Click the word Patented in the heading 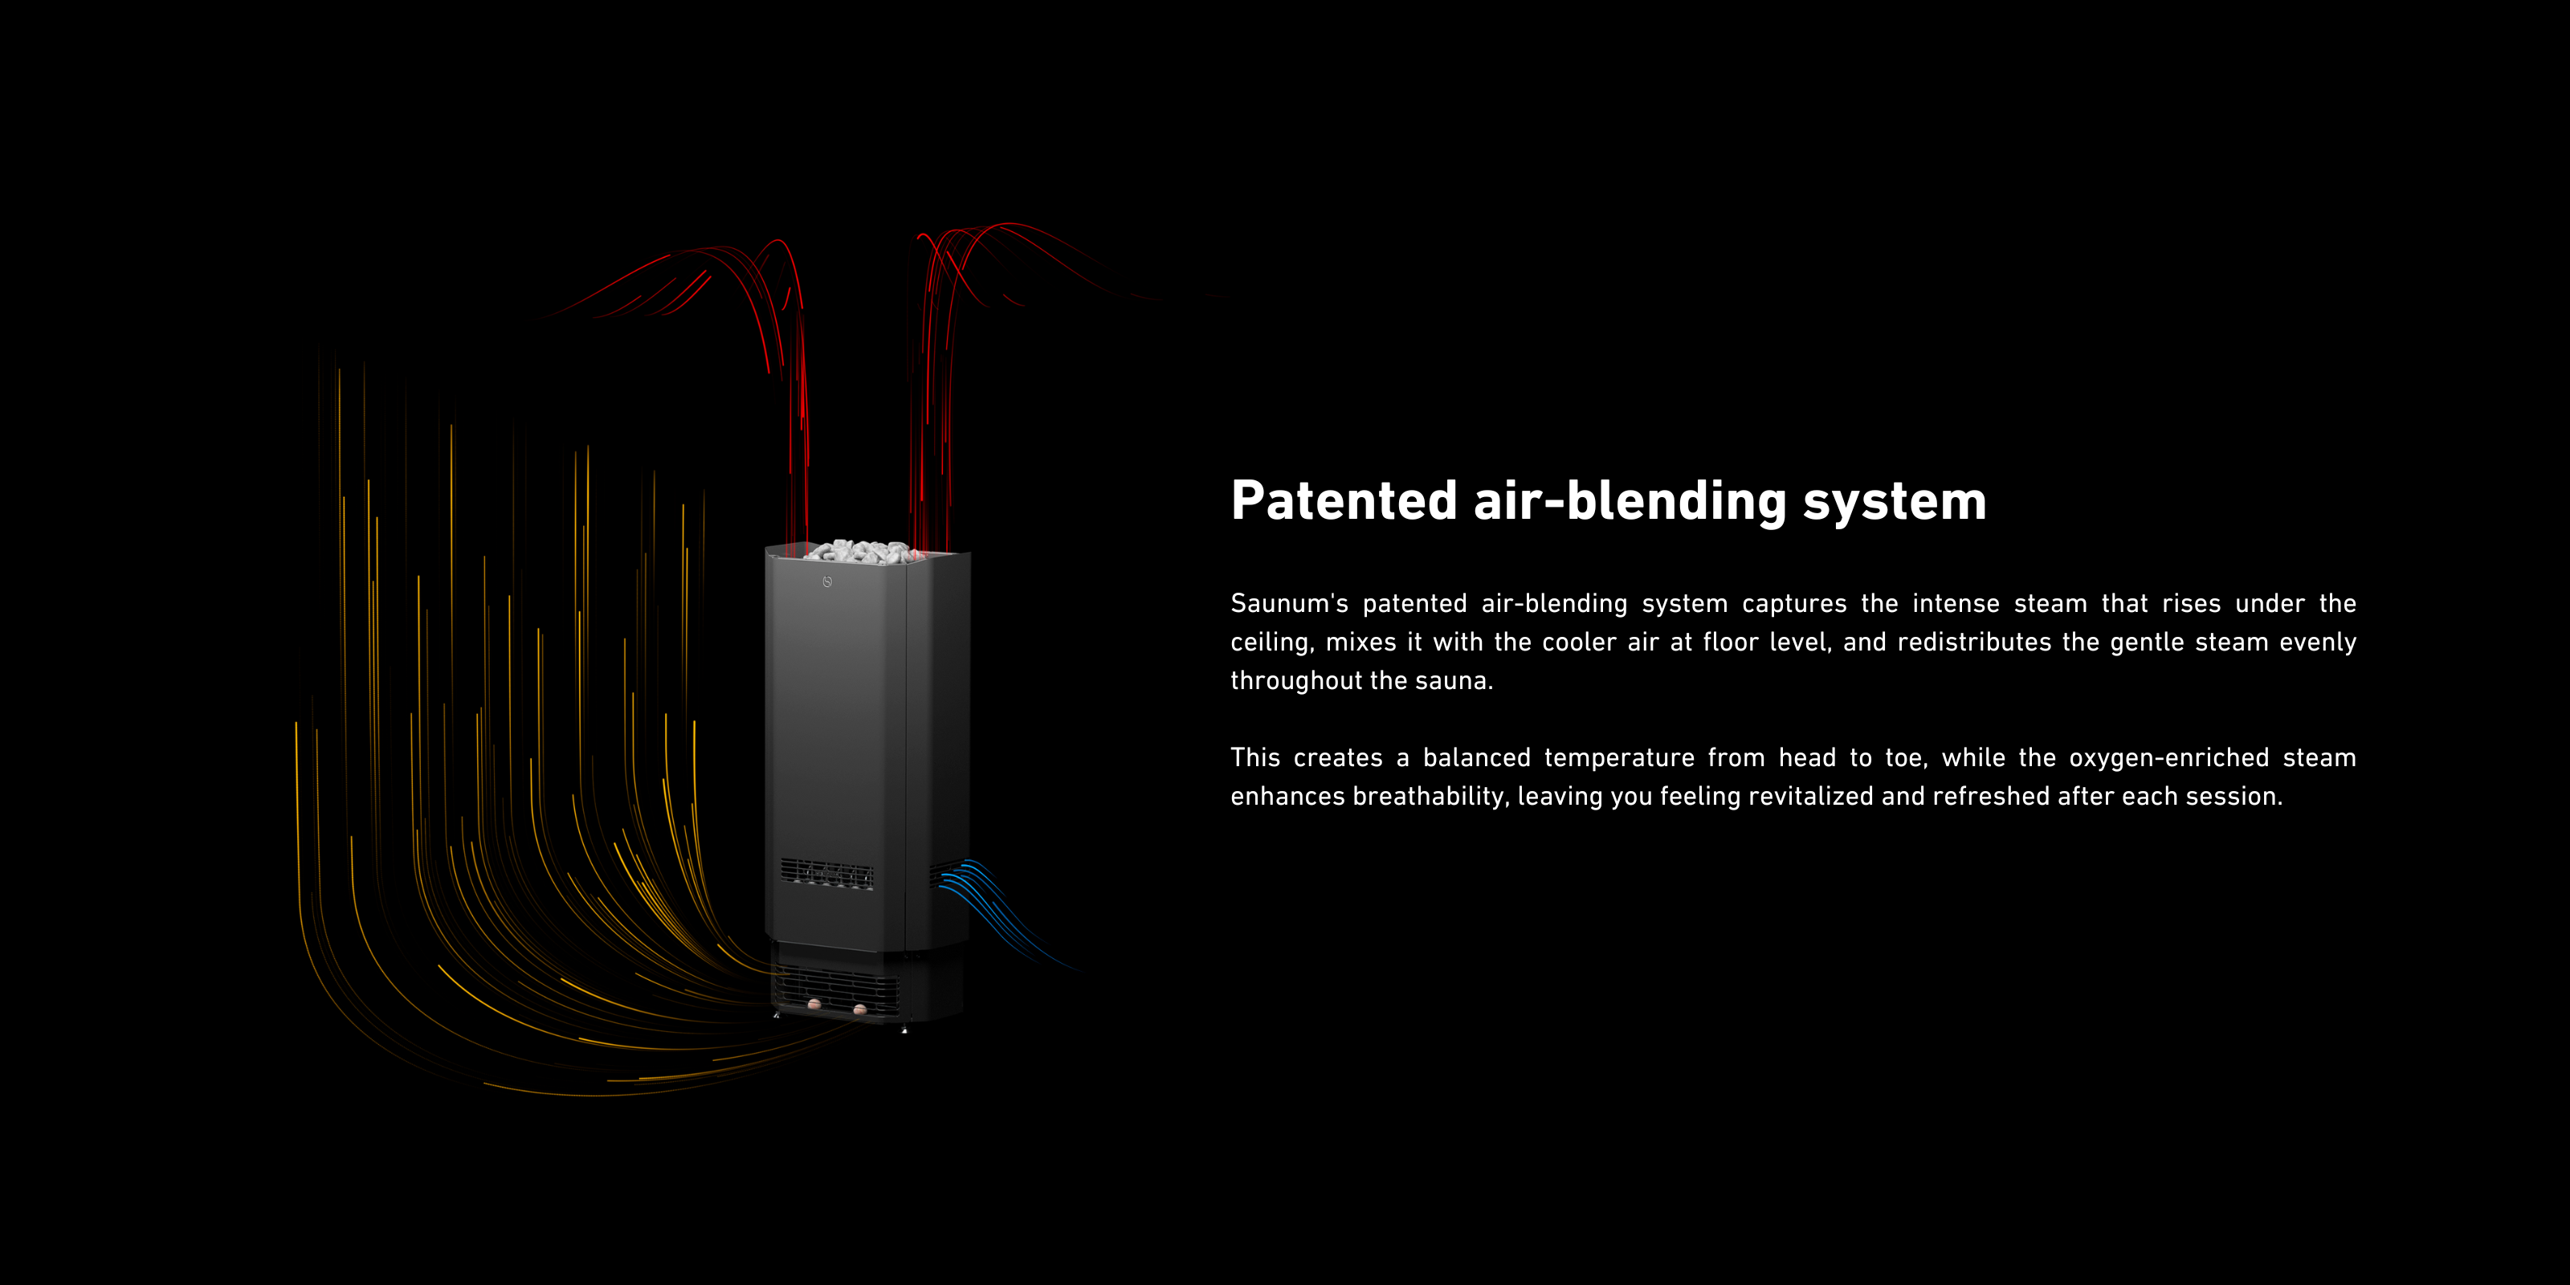pyautogui.click(x=1344, y=501)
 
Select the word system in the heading pyautogui.click(x=1895, y=501)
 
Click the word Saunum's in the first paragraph pyautogui.click(x=1289, y=604)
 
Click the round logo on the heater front pyautogui.click(x=827, y=581)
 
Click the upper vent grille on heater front pyautogui.click(x=826, y=874)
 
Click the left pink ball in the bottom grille pyautogui.click(x=814, y=1004)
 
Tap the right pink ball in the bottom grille pyautogui.click(x=860, y=1010)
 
